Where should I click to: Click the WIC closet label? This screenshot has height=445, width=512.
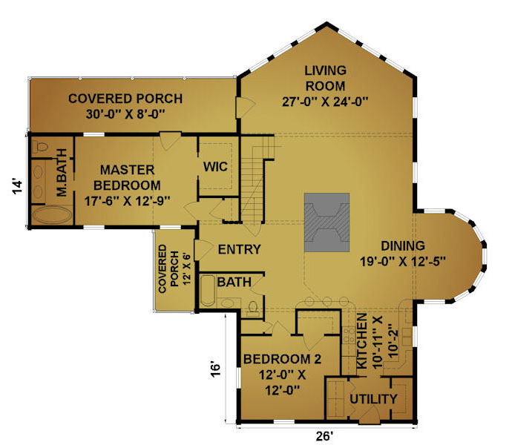pyautogui.click(x=215, y=167)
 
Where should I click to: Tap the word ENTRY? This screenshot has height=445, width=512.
pyautogui.click(x=240, y=249)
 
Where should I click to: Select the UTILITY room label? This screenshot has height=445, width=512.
pyautogui.click(x=373, y=399)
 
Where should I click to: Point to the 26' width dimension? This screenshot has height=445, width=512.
pyautogui.click(x=324, y=436)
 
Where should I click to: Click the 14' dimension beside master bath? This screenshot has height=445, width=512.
pyautogui.click(x=18, y=186)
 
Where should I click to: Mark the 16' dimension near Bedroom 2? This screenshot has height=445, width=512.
pyautogui.click(x=215, y=369)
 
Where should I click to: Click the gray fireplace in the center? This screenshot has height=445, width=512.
pyautogui.click(x=326, y=222)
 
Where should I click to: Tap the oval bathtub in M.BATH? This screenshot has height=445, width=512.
pyautogui.click(x=52, y=216)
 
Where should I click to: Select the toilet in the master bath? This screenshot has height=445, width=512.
pyautogui.click(x=40, y=147)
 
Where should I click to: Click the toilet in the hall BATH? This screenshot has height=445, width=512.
pyautogui.click(x=253, y=309)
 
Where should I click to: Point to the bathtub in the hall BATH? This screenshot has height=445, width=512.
pyautogui.click(x=207, y=291)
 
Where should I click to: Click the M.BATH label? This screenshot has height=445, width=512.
pyautogui.click(x=62, y=173)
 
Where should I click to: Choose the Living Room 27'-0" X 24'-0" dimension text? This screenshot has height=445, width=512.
pyautogui.click(x=325, y=102)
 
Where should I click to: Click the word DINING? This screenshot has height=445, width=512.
pyautogui.click(x=403, y=245)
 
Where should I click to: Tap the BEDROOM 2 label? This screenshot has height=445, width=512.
pyautogui.click(x=282, y=359)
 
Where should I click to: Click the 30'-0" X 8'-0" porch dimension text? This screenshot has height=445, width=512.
pyautogui.click(x=125, y=114)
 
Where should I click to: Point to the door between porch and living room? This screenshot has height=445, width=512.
pyautogui.click(x=245, y=107)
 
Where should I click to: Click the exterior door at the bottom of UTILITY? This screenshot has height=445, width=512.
pyautogui.click(x=369, y=416)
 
